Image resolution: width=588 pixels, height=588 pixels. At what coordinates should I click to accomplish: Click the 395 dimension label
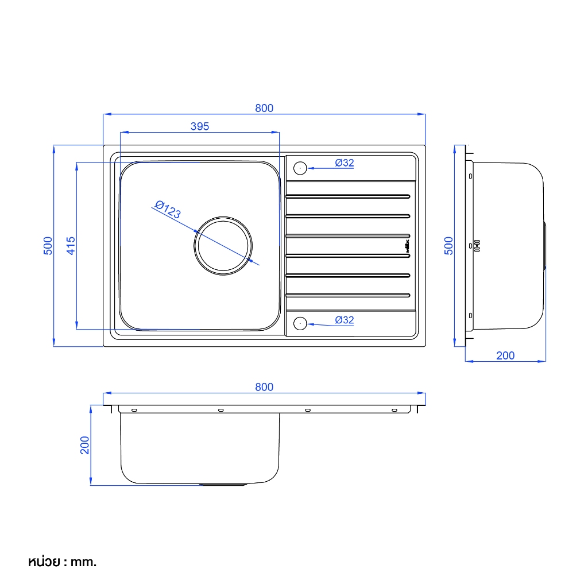coord(199,126)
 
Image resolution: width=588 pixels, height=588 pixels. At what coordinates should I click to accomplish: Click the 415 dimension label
coord(71,246)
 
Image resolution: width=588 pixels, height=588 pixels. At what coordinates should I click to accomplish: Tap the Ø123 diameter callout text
coord(168,210)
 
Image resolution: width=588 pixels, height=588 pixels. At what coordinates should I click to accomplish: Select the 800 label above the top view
coord(264,108)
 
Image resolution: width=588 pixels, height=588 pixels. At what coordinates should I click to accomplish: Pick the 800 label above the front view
coord(264,387)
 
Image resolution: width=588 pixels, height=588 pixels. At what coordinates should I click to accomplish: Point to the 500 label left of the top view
coord(48,246)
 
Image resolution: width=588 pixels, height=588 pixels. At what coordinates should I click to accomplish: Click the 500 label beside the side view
coord(448,246)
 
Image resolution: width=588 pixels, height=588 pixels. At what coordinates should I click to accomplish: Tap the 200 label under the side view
coord(505,355)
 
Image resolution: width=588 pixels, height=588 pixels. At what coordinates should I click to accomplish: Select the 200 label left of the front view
coord(85,445)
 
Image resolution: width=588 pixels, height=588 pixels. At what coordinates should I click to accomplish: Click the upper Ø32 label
coord(345,163)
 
